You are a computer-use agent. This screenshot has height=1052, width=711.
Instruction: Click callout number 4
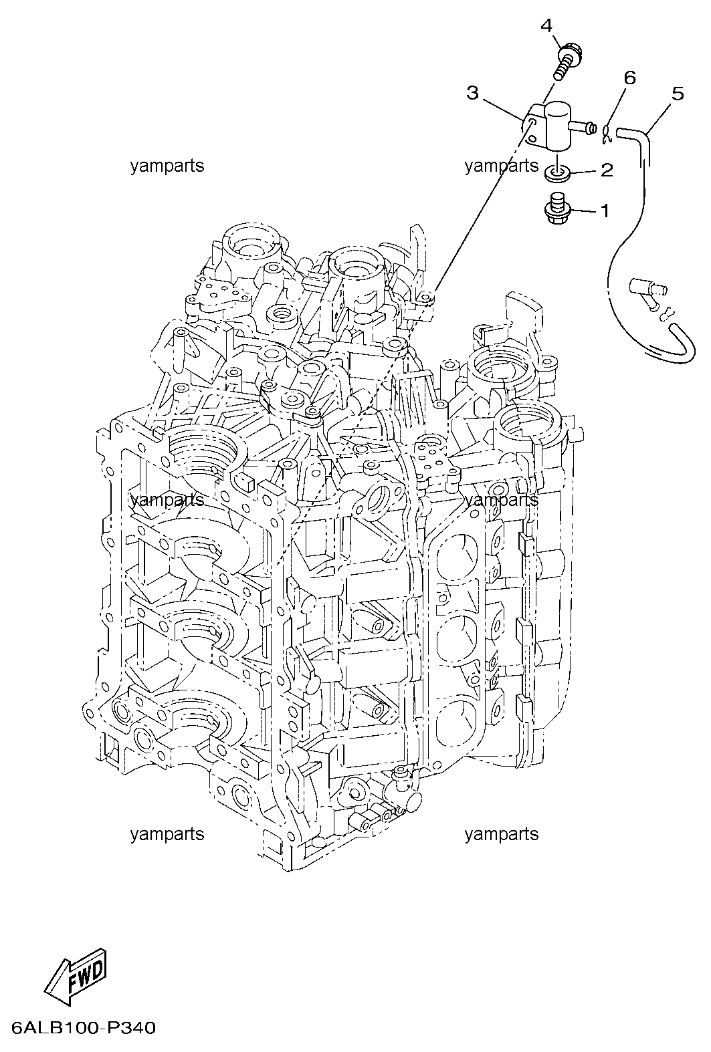point(546,26)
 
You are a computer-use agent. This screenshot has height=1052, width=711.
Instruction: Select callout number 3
point(472,93)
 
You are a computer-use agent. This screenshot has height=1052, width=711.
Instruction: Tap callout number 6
point(629,77)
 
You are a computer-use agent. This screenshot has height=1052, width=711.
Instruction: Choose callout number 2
point(607,170)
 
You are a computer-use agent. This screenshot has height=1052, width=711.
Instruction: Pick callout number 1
point(605,211)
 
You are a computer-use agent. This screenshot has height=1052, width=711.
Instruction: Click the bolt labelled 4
point(567,61)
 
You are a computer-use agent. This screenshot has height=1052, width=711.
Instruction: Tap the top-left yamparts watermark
point(167,166)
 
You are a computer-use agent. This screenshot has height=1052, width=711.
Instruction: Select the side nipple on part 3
point(583,126)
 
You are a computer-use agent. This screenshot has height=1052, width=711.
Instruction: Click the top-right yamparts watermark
point(502,166)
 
